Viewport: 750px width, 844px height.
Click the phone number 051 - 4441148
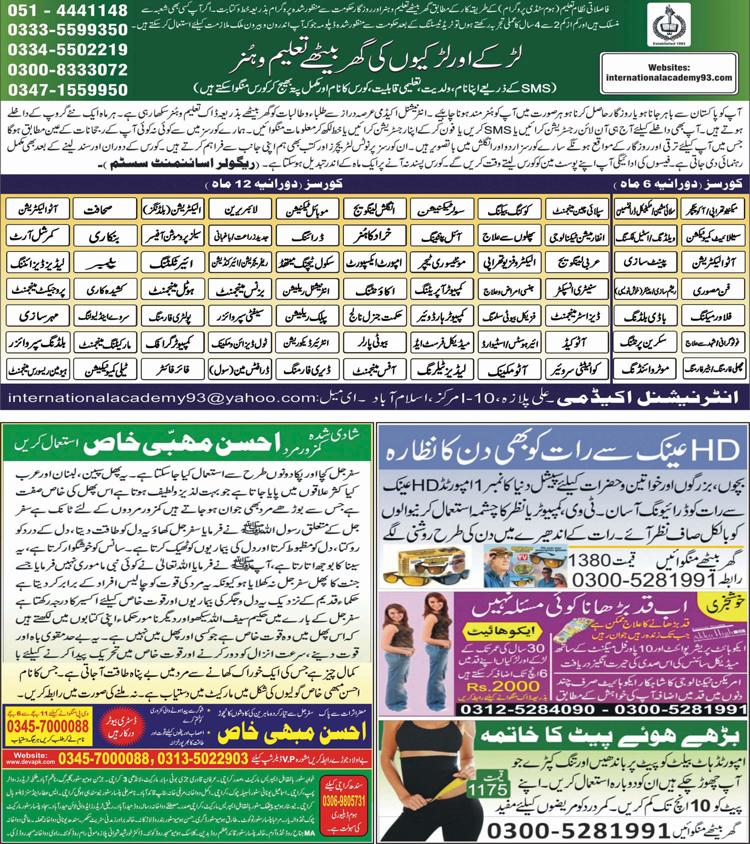67,10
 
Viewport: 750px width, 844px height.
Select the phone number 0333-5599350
67,30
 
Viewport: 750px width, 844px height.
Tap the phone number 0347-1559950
67,90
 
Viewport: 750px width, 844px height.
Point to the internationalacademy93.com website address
668,77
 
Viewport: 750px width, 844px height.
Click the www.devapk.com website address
30,762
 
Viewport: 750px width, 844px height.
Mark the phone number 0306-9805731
343,801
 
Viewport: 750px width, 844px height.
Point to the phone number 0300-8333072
67,70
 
